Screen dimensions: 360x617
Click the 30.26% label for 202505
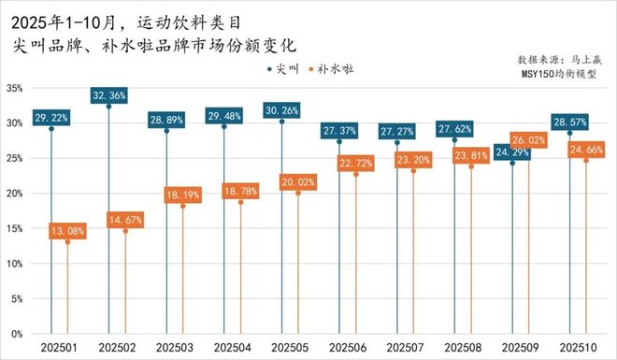[281, 109]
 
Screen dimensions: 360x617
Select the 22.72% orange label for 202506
[356, 163]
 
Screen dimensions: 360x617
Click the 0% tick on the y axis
[16, 334]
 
